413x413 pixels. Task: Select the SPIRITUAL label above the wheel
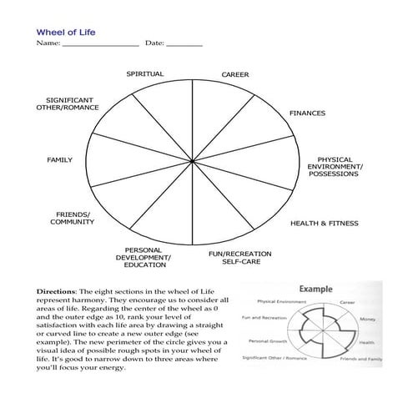(x=145, y=74)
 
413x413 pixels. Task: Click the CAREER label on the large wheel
(x=234, y=75)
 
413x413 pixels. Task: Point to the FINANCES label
(x=307, y=113)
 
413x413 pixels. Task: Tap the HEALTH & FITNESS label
(x=324, y=224)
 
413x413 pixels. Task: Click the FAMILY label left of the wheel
(x=59, y=159)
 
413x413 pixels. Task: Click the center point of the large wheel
(x=193, y=159)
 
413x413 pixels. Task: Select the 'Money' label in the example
(x=367, y=319)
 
